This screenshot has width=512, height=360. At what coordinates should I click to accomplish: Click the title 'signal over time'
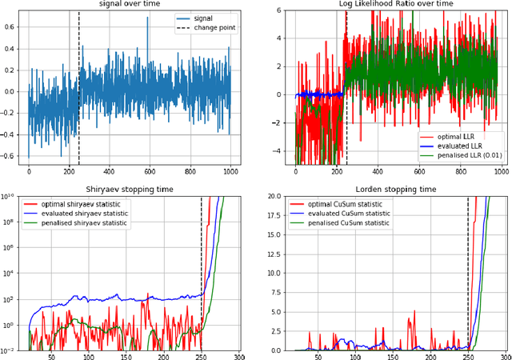tap(129, 5)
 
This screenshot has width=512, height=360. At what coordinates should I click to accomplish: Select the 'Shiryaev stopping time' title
tap(129, 189)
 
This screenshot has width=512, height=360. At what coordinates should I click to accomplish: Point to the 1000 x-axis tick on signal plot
tap(230, 171)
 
